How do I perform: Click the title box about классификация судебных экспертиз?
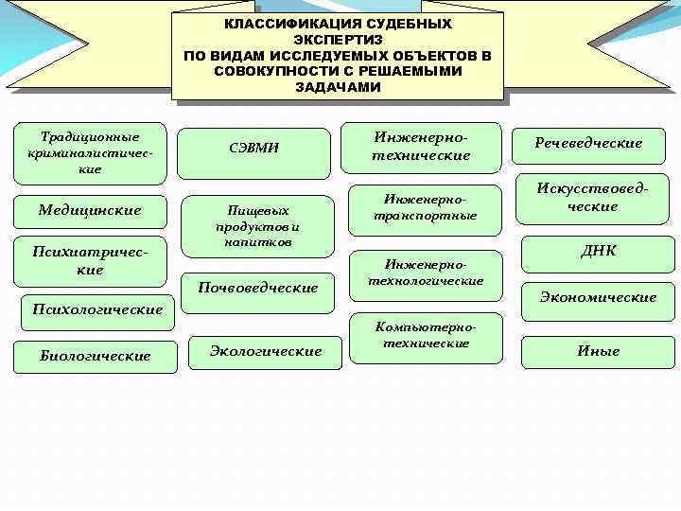click(x=338, y=55)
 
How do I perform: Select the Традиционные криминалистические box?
click(x=91, y=152)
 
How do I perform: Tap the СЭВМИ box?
click(x=254, y=148)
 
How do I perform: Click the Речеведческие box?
click(x=588, y=143)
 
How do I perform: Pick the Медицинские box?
click(x=91, y=210)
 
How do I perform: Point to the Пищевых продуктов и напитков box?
click(x=258, y=226)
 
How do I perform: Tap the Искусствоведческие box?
click(x=589, y=198)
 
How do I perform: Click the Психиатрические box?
click(x=91, y=261)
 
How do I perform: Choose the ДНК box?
click(x=598, y=251)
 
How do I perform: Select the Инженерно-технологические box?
click(x=425, y=273)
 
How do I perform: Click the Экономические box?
click(x=598, y=297)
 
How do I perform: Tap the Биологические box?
click(x=96, y=356)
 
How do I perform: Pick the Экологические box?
click(x=266, y=351)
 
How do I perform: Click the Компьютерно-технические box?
click(x=425, y=335)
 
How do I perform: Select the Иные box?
click(x=598, y=351)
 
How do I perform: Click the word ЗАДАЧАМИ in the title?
click(x=338, y=87)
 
